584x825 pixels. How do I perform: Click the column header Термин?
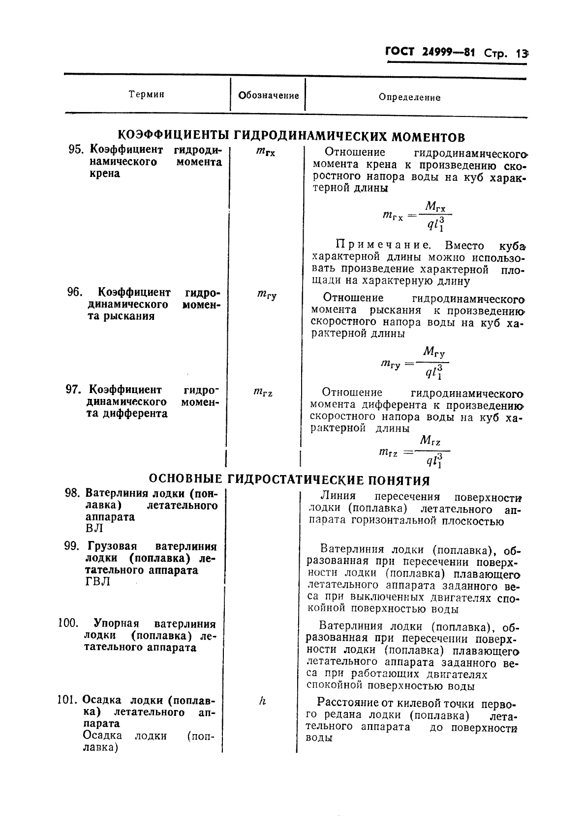[146, 94]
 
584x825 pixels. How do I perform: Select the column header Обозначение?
[268, 95]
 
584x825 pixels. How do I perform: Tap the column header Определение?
[409, 97]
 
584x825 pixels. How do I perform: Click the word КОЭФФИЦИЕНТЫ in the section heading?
[175, 136]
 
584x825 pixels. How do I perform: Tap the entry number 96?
[74, 292]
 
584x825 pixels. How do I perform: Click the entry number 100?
[68, 624]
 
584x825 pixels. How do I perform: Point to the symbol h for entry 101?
[262, 702]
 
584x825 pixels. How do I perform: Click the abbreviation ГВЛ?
[97, 582]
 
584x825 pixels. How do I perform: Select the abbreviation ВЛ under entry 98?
[94, 529]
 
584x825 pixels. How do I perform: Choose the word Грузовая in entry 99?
[112, 546]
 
